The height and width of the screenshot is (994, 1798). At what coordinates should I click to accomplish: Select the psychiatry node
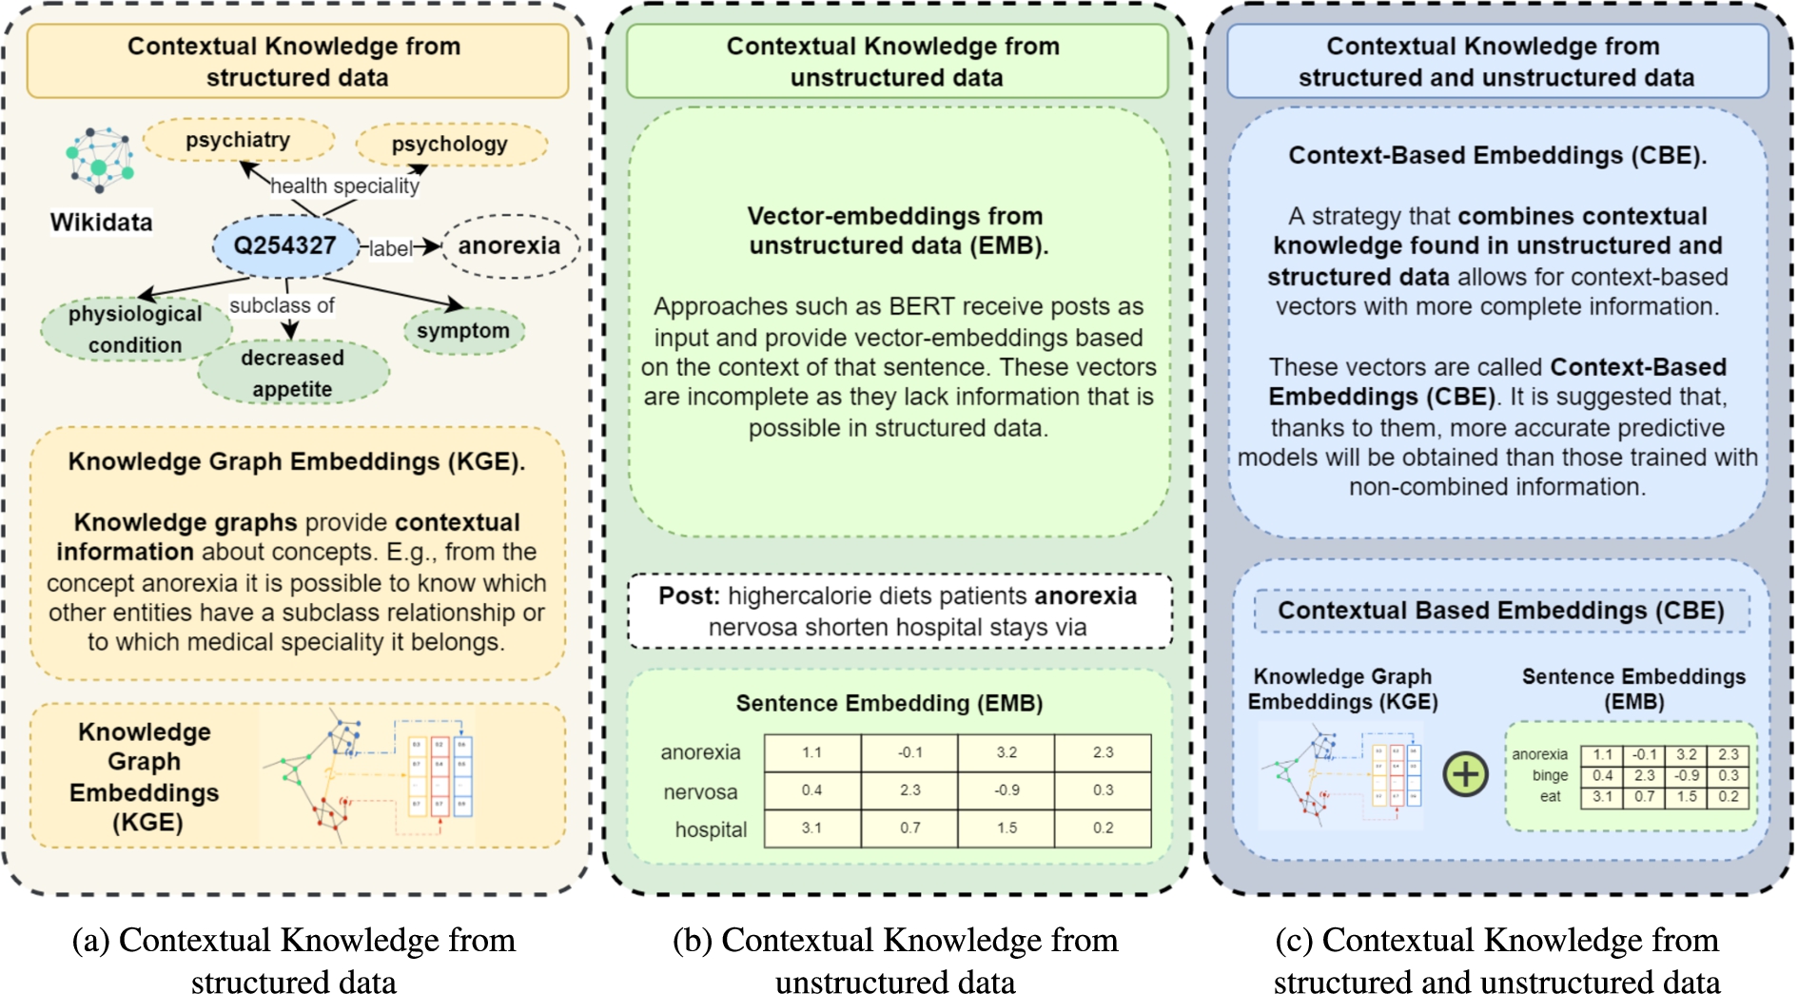[238, 141]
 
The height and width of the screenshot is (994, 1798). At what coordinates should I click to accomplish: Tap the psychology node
[450, 145]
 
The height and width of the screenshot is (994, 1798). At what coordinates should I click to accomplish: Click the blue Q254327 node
[284, 245]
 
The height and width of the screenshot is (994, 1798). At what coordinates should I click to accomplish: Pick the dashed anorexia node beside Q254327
[509, 245]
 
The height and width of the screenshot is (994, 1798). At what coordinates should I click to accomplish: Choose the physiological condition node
[135, 329]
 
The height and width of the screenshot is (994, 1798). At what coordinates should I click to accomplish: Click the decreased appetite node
[292, 373]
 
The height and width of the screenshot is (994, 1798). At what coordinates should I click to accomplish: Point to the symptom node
[463, 331]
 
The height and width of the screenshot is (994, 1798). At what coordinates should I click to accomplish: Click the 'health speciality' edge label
[344, 186]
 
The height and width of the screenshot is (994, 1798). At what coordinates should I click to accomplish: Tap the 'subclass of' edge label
[282, 305]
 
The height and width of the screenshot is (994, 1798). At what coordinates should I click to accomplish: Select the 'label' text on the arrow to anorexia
[390, 248]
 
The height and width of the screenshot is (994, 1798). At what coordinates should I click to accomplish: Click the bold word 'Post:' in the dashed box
[689, 596]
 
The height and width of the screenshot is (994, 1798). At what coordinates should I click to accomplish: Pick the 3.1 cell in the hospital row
[811, 828]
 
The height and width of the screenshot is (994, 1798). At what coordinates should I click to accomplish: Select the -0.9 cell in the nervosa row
[1006, 790]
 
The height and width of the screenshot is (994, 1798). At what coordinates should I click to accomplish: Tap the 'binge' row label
[1550, 775]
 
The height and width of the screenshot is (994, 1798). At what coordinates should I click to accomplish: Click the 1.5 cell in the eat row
[1687, 797]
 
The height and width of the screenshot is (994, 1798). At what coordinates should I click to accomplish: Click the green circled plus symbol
[1466, 774]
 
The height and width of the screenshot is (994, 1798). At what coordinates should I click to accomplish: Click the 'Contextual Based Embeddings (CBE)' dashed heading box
[1500, 611]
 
